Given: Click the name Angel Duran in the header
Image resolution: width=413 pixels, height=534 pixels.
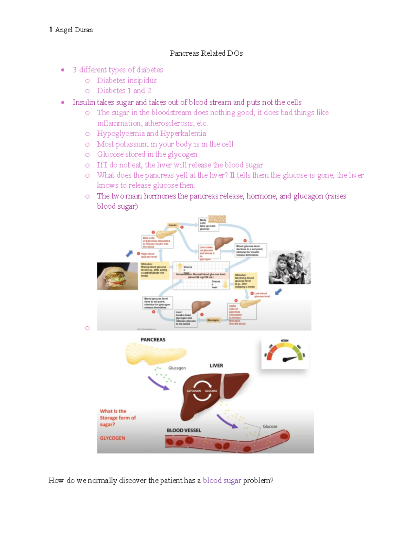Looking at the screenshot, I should tap(74, 30).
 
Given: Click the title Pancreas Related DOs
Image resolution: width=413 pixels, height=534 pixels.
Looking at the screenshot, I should tap(206, 53).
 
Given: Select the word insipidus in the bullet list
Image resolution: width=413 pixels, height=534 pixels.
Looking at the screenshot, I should tap(141, 80).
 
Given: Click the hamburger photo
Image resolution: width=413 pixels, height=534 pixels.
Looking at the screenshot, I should tap(117, 276).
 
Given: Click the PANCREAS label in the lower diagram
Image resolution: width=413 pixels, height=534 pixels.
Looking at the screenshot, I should tap(153, 340).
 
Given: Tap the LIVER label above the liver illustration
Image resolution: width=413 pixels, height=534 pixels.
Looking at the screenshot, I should tap(216, 366).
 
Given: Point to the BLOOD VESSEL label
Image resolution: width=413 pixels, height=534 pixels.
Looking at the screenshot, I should tap(184, 430).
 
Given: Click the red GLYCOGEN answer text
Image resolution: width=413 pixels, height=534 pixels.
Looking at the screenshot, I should tap(113, 438).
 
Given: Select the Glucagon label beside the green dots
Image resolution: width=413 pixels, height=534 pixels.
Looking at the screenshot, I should tap(177, 368).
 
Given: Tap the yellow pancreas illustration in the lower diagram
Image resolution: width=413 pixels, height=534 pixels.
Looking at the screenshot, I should tap(156, 353).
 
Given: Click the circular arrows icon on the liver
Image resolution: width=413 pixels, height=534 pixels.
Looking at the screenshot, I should tap(202, 391).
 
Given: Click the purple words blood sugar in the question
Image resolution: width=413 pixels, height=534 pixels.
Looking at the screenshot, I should tap(222, 480).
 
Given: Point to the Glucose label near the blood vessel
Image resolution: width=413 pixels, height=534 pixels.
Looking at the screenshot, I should tap(270, 426).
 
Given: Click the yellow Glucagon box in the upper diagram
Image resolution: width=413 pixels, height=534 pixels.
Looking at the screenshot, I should tap(213, 320).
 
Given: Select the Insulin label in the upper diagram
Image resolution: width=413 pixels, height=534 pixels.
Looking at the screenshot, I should tap(172, 225).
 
